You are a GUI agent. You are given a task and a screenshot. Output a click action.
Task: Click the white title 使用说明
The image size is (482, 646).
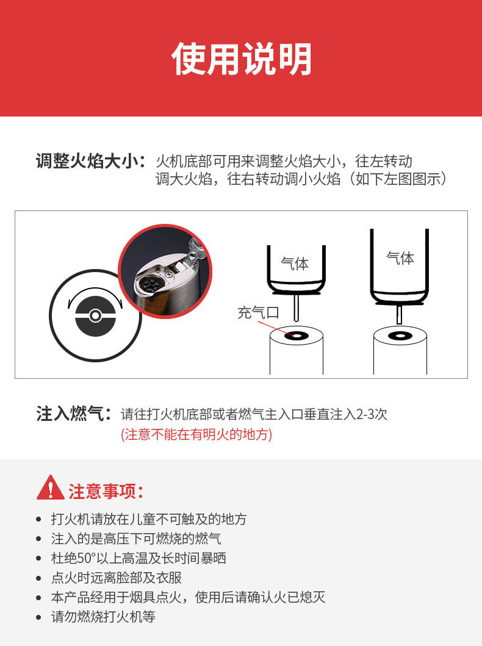click(x=242, y=59)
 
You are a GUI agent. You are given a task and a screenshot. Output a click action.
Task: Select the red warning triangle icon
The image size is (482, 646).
click(x=50, y=488)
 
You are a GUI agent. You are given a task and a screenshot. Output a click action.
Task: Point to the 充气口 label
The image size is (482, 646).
click(x=258, y=313)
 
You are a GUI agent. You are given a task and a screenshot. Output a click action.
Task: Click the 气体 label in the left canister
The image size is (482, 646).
click(x=295, y=264)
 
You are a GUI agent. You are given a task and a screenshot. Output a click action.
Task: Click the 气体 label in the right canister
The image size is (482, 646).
click(x=400, y=258)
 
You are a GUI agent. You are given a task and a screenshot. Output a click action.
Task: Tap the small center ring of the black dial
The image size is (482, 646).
click(x=96, y=316)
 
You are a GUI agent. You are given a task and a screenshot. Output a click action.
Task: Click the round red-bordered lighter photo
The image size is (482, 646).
click(x=165, y=271)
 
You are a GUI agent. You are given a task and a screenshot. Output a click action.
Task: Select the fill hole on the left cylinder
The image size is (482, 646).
click(x=296, y=336)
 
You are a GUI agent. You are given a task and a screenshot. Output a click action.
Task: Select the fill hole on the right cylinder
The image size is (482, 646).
click(x=400, y=336)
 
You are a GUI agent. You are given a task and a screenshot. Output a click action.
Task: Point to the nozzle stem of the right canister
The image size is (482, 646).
click(x=399, y=314)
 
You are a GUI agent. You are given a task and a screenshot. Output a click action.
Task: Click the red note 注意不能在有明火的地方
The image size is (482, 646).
click(x=196, y=434)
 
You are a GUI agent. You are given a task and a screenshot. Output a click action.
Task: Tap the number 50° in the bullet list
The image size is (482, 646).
click(x=86, y=558)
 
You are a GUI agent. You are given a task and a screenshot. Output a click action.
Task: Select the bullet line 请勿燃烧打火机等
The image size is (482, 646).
click(x=103, y=617)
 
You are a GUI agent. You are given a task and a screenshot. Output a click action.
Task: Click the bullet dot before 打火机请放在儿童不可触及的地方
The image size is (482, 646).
click(x=38, y=519)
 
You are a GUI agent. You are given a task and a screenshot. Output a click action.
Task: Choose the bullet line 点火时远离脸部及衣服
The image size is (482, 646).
click(x=117, y=578)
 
